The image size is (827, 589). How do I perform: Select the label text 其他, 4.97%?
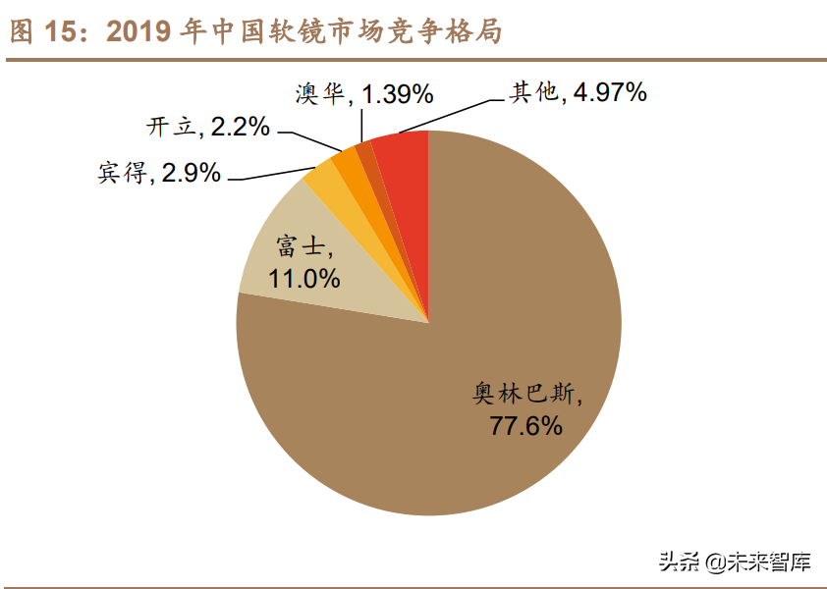point(578,92)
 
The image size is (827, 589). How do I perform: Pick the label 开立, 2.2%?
point(207,127)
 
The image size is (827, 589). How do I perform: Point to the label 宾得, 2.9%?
point(159,174)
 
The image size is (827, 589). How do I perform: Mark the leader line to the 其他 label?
point(452,113)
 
